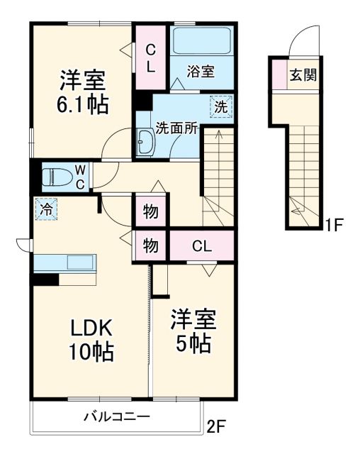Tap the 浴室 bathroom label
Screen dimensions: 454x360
201,71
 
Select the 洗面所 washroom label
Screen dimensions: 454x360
176,129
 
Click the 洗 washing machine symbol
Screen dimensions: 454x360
221,109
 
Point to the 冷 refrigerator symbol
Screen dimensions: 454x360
45,209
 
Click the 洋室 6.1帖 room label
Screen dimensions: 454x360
82,92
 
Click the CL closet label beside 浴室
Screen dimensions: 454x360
151,58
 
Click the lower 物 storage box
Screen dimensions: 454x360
151,246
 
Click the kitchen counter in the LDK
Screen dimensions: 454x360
65,263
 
